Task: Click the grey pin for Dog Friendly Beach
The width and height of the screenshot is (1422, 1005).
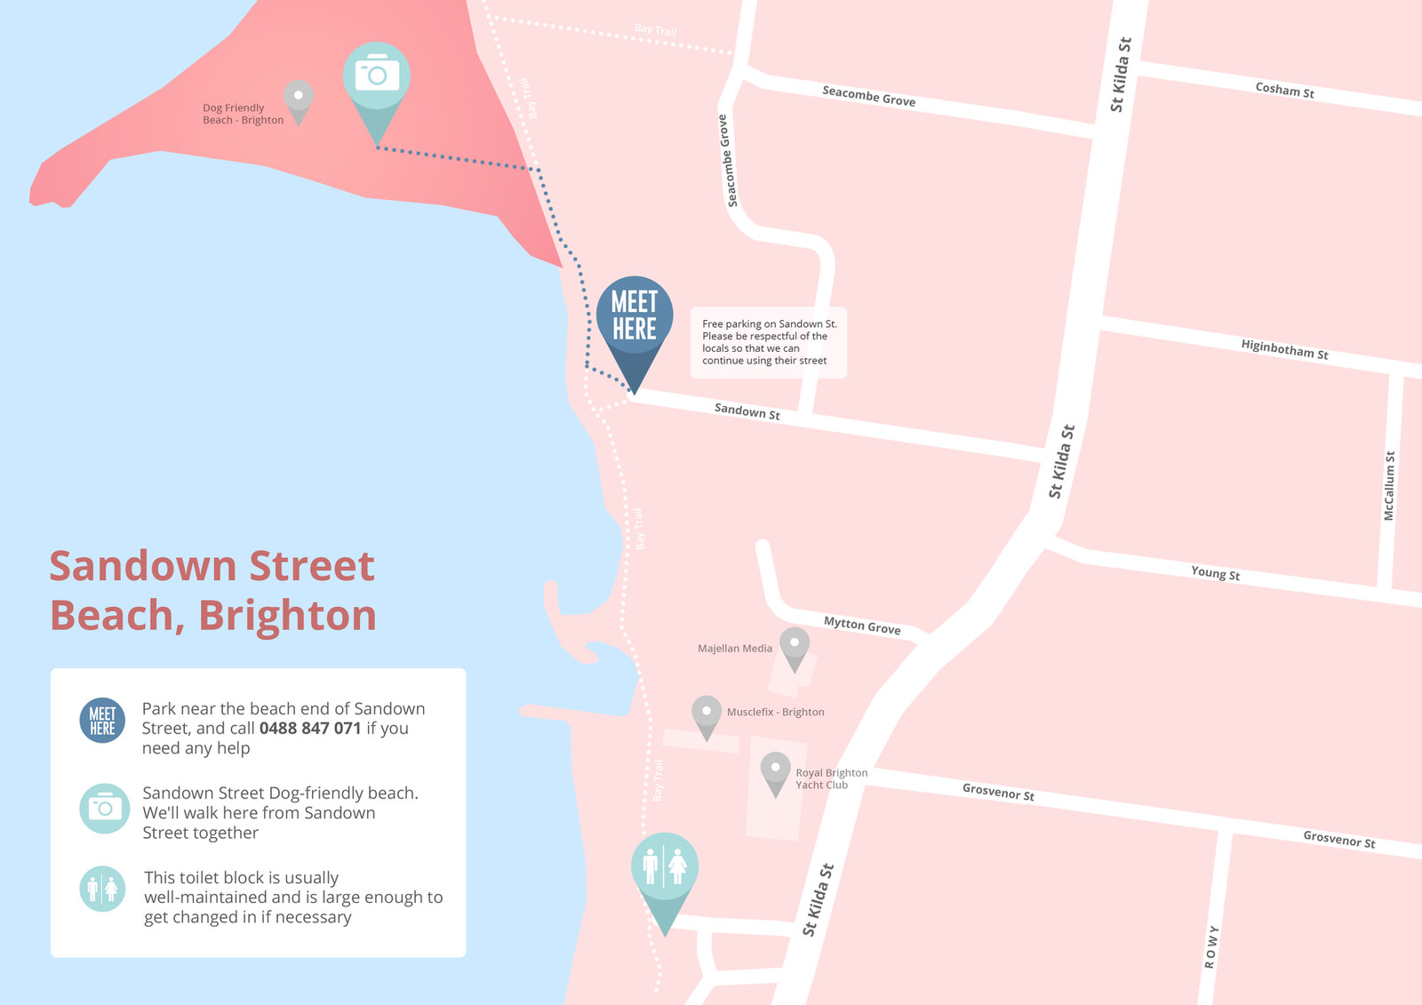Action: (x=299, y=98)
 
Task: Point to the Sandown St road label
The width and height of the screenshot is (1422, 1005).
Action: (x=747, y=411)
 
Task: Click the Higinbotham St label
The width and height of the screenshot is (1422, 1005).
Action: (x=1284, y=349)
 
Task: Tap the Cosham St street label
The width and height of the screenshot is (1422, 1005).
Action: (x=1284, y=90)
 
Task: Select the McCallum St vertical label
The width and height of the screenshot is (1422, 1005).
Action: (x=1389, y=485)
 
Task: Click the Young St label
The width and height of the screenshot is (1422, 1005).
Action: (x=1215, y=573)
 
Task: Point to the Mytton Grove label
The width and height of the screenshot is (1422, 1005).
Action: (x=861, y=626)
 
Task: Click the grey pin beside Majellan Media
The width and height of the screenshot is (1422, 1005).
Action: (x=795, y=645)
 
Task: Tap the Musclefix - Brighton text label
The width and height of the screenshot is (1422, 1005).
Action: (x=775, y=712)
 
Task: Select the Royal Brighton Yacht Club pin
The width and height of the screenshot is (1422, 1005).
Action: (x=775, y=770)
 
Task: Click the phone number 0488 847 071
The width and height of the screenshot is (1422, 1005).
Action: (x=310, y=729)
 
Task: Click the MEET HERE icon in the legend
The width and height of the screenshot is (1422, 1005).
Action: (x=102, y=721)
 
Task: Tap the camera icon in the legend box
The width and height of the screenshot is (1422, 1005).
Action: (x=104, y=809)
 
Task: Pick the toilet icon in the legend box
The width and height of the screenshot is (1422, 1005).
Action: (x=102, y=889)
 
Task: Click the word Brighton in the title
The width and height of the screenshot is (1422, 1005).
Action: (x=287, y=616)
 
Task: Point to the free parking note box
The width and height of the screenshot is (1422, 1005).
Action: (x=768, y=342)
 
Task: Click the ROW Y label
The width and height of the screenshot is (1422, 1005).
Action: (x=1210, y=946)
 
